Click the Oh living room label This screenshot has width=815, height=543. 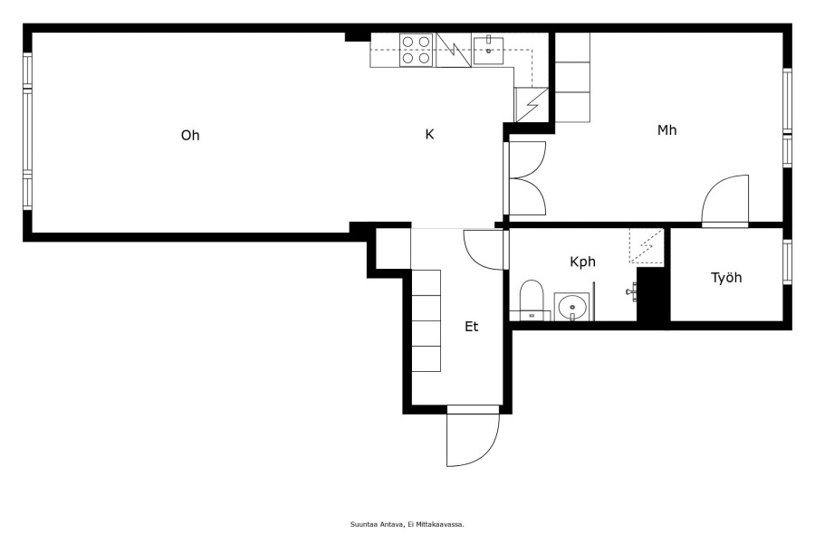point(190,135)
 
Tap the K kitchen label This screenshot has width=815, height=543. point(429,135)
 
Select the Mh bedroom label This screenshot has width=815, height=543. point(666,130)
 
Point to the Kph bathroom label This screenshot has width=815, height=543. point(582,262)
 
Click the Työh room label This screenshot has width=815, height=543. point(726,278)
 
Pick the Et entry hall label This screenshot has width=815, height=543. point(472,327)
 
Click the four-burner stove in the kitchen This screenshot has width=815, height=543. point(416,50)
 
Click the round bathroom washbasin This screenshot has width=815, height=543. point(571,307)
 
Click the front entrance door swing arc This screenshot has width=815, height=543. point(491,449)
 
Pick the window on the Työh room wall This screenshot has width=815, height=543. point(788,262)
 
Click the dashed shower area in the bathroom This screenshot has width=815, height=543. point(647,246)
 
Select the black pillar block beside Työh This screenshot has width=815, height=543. point(653,294)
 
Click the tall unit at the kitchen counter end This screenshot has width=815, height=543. point(532,105)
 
